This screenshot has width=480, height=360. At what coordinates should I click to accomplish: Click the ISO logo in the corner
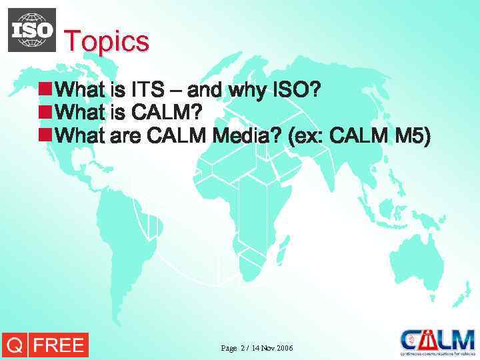click(x=31, y=30)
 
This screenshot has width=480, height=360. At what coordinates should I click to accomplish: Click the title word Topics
click(x=107, y=41)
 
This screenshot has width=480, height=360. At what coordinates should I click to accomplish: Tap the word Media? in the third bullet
click(x=247, y=136)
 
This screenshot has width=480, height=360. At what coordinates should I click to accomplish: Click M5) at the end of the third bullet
click(x=413, y=136)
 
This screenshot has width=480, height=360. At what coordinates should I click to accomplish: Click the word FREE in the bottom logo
click(x=59, y=345)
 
